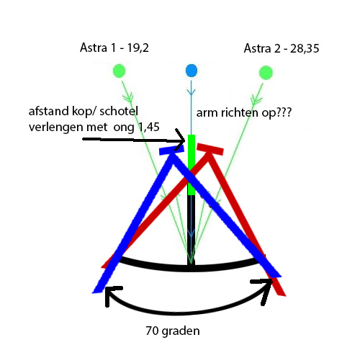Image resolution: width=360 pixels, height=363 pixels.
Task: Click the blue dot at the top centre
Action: click(x=192, y=71)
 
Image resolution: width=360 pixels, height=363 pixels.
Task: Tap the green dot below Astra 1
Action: click(x=120, y=71)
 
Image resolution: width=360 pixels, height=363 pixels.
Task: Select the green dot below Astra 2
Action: click(x=266, y=73)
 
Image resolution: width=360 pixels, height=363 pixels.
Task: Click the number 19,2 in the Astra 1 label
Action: click(x=138, y=48)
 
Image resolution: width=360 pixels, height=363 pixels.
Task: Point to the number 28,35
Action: click(x=305, y=48)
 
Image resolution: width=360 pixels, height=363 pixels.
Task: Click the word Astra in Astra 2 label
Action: click(x=257, y=48)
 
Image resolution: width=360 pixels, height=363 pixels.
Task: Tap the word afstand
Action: click(x=49, y=111)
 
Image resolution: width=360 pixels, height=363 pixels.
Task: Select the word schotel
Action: click(x=119, y=111)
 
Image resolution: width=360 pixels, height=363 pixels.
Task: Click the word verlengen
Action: click(x=56, y=127)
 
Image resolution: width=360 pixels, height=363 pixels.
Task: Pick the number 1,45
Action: click(x=149, y=127)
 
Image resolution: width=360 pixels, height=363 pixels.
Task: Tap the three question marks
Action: click(x=284, y=112)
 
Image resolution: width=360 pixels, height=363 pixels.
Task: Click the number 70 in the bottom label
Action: click(x=152, y=331)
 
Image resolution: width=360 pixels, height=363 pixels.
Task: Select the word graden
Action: click(x=181, y=331)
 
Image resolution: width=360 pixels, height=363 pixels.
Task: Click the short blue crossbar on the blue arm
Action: click(x=171, y=150)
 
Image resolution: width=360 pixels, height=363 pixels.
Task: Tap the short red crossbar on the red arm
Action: click(x=210, y=149)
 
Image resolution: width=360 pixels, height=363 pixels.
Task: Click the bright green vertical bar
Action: click(x=192, y=165)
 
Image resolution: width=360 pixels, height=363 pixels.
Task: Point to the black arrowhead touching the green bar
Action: click(x=181, y=140)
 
